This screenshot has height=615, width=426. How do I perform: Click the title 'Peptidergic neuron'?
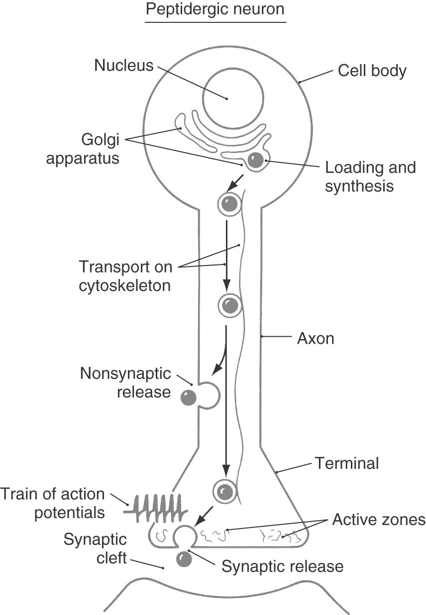(x=215, y=10)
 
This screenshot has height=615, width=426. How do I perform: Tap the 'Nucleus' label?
(x=124, y=65)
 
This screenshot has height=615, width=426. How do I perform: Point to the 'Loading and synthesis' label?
(x=370, y=176)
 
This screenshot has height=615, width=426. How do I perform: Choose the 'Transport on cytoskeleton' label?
(x=125, y=276)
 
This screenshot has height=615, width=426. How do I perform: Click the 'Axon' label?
(x=316, y=339)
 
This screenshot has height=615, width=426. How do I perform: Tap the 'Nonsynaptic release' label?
(x=126, y=382)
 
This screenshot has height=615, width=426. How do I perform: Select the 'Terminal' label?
(x=347, y=463)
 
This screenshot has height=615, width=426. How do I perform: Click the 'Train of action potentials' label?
(x=53, y=503)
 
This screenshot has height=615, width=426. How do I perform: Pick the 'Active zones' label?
(x=379, y=520)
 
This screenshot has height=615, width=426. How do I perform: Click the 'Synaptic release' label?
(x=282, y=566)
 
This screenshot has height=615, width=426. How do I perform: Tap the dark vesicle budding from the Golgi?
(x=256, y=160)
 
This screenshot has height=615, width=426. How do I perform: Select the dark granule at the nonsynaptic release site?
(x=188, y=397)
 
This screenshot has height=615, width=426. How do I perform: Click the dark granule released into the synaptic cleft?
(x=184, y=559)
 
